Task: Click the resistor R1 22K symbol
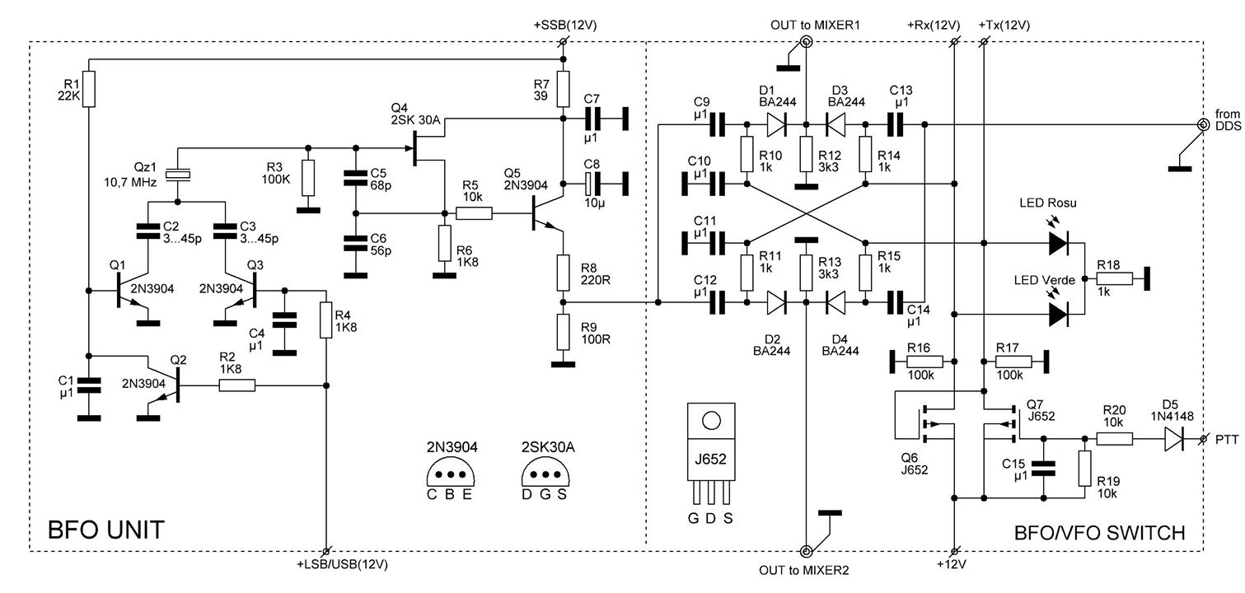point(90,89)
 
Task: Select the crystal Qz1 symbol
point(178,174)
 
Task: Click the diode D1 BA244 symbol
point(775,125)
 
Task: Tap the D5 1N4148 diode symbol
point(1174,441)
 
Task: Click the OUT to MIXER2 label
point(804,569)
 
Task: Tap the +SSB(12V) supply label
point(564,26)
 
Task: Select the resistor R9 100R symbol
point(564,331)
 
